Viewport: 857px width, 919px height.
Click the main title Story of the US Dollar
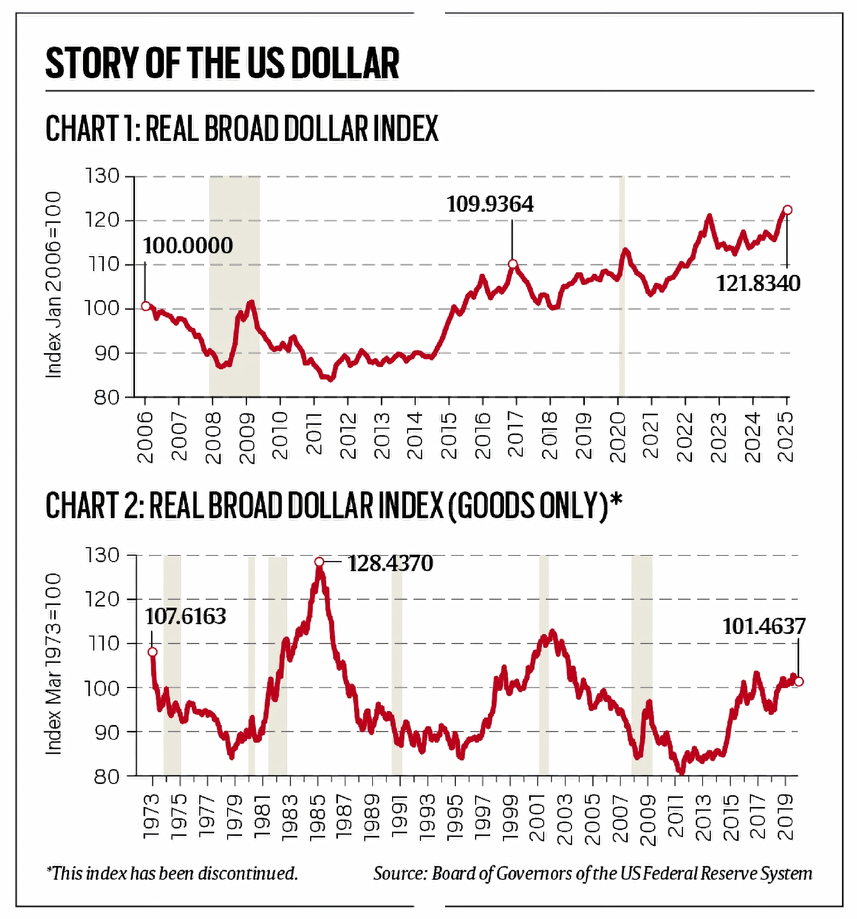click(x=222, y=63)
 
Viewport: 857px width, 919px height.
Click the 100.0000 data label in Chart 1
click(x=187, y=245)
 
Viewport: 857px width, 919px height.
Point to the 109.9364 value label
click(x=490, y=204)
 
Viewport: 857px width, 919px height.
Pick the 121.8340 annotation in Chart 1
click(x=758, y=283)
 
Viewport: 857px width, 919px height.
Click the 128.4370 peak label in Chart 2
click(x=390, y=563)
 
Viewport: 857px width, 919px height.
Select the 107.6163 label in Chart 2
click(x=185, y=616)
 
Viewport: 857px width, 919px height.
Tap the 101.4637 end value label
click(x=764, y=626)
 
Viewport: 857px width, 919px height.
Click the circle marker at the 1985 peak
click(x=319, y=562)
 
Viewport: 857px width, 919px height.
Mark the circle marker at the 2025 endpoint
click(x=787, y=210)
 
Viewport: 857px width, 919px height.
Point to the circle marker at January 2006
click(x=146, y=306)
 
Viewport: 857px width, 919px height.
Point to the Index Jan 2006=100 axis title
click(x=54, y=285)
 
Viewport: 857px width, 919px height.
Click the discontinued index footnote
click(x=172, y=873)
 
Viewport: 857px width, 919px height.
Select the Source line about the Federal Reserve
click(x=592, y=873)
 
